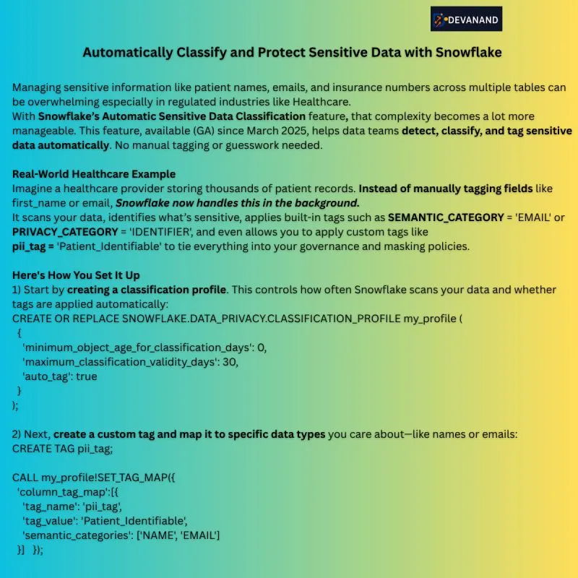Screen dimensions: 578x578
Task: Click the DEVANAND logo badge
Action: point(466,20)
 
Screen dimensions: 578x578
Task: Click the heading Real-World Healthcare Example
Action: point(93,174)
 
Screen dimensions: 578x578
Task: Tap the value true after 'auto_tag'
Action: point(85,376)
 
